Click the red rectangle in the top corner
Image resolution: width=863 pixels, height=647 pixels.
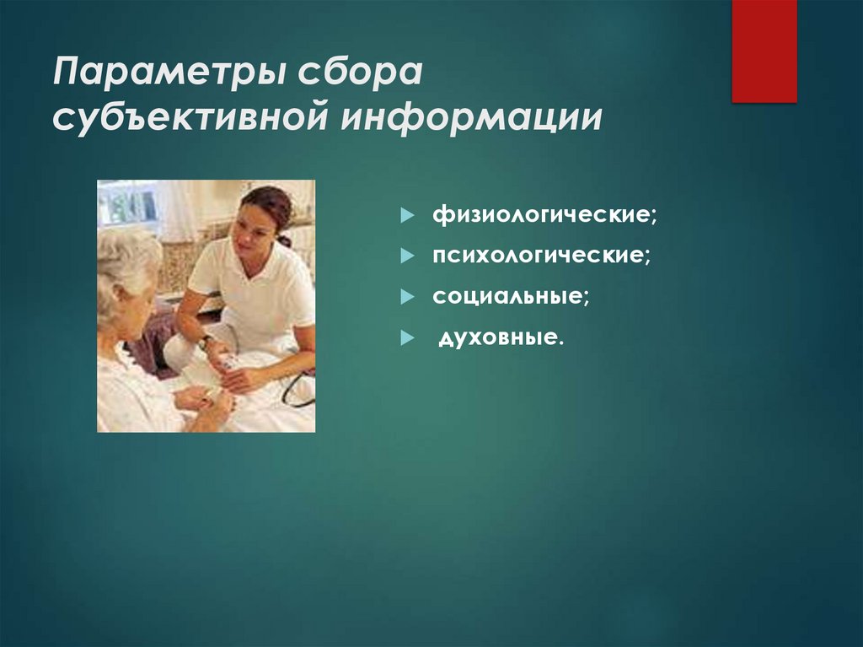point(764,51)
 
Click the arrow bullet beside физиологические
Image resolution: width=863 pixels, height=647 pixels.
point(408,217)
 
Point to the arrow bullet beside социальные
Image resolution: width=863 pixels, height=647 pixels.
point(408,298)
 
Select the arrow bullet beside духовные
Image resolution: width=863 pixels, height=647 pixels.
point(408,338)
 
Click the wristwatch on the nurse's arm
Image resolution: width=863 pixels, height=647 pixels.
point(204,342)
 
